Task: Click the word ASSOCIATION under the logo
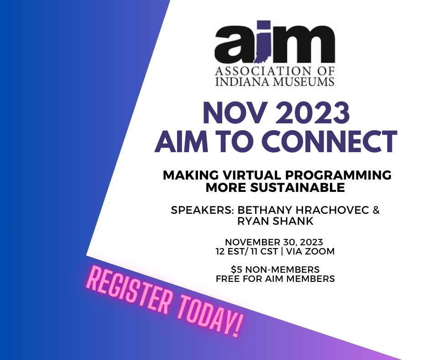[259, 71]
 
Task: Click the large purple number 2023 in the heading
[313, 113]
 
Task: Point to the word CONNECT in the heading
[329, 141]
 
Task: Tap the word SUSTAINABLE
[298, 188]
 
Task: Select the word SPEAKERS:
[203, 210]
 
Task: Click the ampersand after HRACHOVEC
[376, 210]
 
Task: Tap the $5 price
[237, 270]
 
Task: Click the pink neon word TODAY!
[211, 315]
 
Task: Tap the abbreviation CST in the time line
[269, 251]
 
